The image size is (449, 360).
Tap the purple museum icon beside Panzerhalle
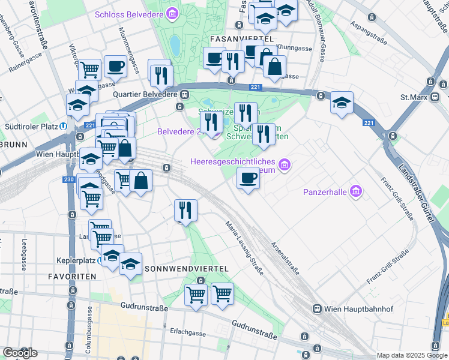pyautogui.click(x=357, y=191)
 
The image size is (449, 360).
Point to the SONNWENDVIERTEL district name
pyautogui.click(x=186, y=268)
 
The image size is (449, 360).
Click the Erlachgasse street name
pyautogui.click(x=188, y=332)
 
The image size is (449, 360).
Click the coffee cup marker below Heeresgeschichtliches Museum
pyautogui.click(x=248, y=178)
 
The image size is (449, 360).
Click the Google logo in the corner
pyautogui.click(x=20, y=353)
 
